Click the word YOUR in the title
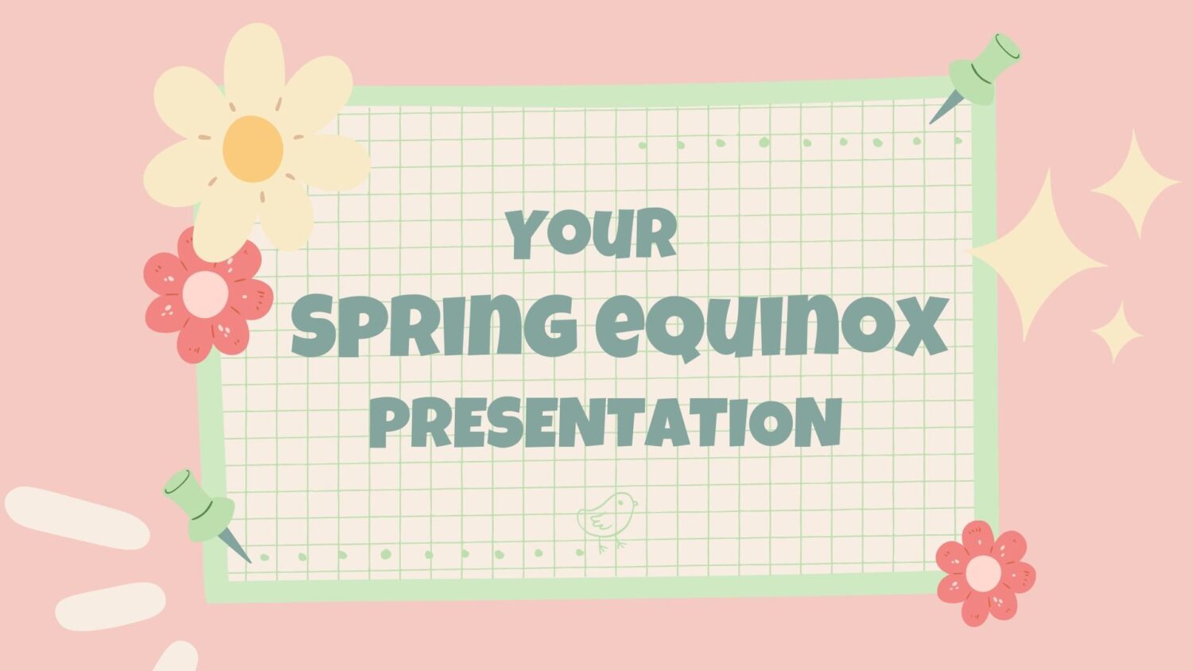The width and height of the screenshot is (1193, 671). pyautogui.click(x=592, y=235)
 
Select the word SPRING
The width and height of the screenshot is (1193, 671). pyautogui.click(x=434, y=326)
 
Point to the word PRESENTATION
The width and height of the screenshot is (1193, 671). pyautogui.click(x=606, y=422)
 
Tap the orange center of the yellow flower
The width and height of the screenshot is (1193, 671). pyautogui.click(x=253, y=149)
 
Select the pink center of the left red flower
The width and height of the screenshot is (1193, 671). pyautogui.click(x=204, y=294)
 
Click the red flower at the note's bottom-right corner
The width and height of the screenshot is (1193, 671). pyautogui.click(x=985, y=572)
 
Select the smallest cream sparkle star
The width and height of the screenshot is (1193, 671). pyautogui.click(x=1117, y=332)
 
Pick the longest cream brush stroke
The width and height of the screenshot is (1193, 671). pyautogui.click(x=77, y=517)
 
